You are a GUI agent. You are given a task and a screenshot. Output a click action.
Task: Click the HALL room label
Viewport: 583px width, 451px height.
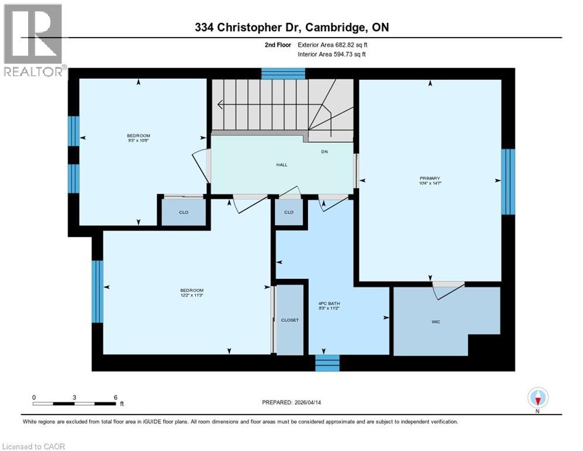tap(282, 164)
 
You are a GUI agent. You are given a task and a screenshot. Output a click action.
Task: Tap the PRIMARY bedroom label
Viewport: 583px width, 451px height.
tap(429, 178)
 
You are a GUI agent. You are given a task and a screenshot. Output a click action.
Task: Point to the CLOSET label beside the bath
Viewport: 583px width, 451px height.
tap(290, 320)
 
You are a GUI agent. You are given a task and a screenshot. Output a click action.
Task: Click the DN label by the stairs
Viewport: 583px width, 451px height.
tap(324, 152)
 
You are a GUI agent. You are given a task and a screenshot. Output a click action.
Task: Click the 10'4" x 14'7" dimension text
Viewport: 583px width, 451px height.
tap(429, 184)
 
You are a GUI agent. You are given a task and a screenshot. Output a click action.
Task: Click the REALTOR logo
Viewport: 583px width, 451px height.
tap(33, 40)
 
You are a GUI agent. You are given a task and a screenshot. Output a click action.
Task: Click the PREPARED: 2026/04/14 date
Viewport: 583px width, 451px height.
tap(291, 402)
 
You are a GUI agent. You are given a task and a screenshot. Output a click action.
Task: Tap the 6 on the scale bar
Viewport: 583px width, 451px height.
tap(115, 397)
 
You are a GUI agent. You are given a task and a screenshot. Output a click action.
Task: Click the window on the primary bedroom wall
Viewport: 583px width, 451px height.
tap(508, 182)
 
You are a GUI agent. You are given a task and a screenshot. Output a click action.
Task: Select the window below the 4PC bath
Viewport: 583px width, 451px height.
tap(327, 363)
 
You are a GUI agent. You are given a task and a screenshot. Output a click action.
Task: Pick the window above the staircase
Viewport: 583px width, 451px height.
tap(283, 73)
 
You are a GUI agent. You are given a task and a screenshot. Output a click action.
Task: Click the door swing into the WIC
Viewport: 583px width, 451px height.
tap(448, 290)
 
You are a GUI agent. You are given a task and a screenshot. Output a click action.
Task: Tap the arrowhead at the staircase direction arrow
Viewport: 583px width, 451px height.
tap(220, 105)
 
